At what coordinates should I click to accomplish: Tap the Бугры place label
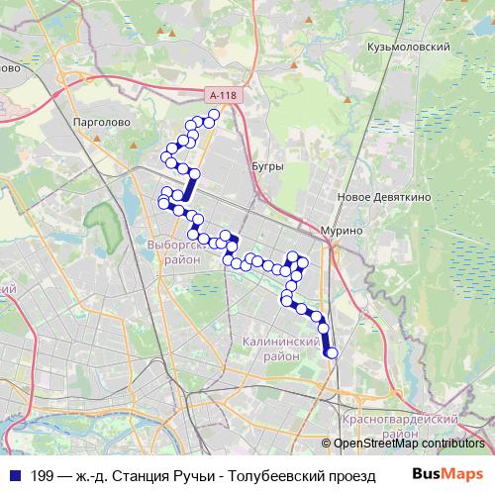pyautogui.click(x=267, y=166)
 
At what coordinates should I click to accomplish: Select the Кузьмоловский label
pyautogui.click(x=408, y=46)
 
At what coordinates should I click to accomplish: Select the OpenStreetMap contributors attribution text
pyautogui.click(x=409, y=444)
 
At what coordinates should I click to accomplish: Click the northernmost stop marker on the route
pyautogui.click(x=213, y=115)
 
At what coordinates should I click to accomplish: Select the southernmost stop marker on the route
pyautogui.click(x=332, y=352)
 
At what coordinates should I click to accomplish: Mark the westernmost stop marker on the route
pyautogui.click(x=163, y=203)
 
